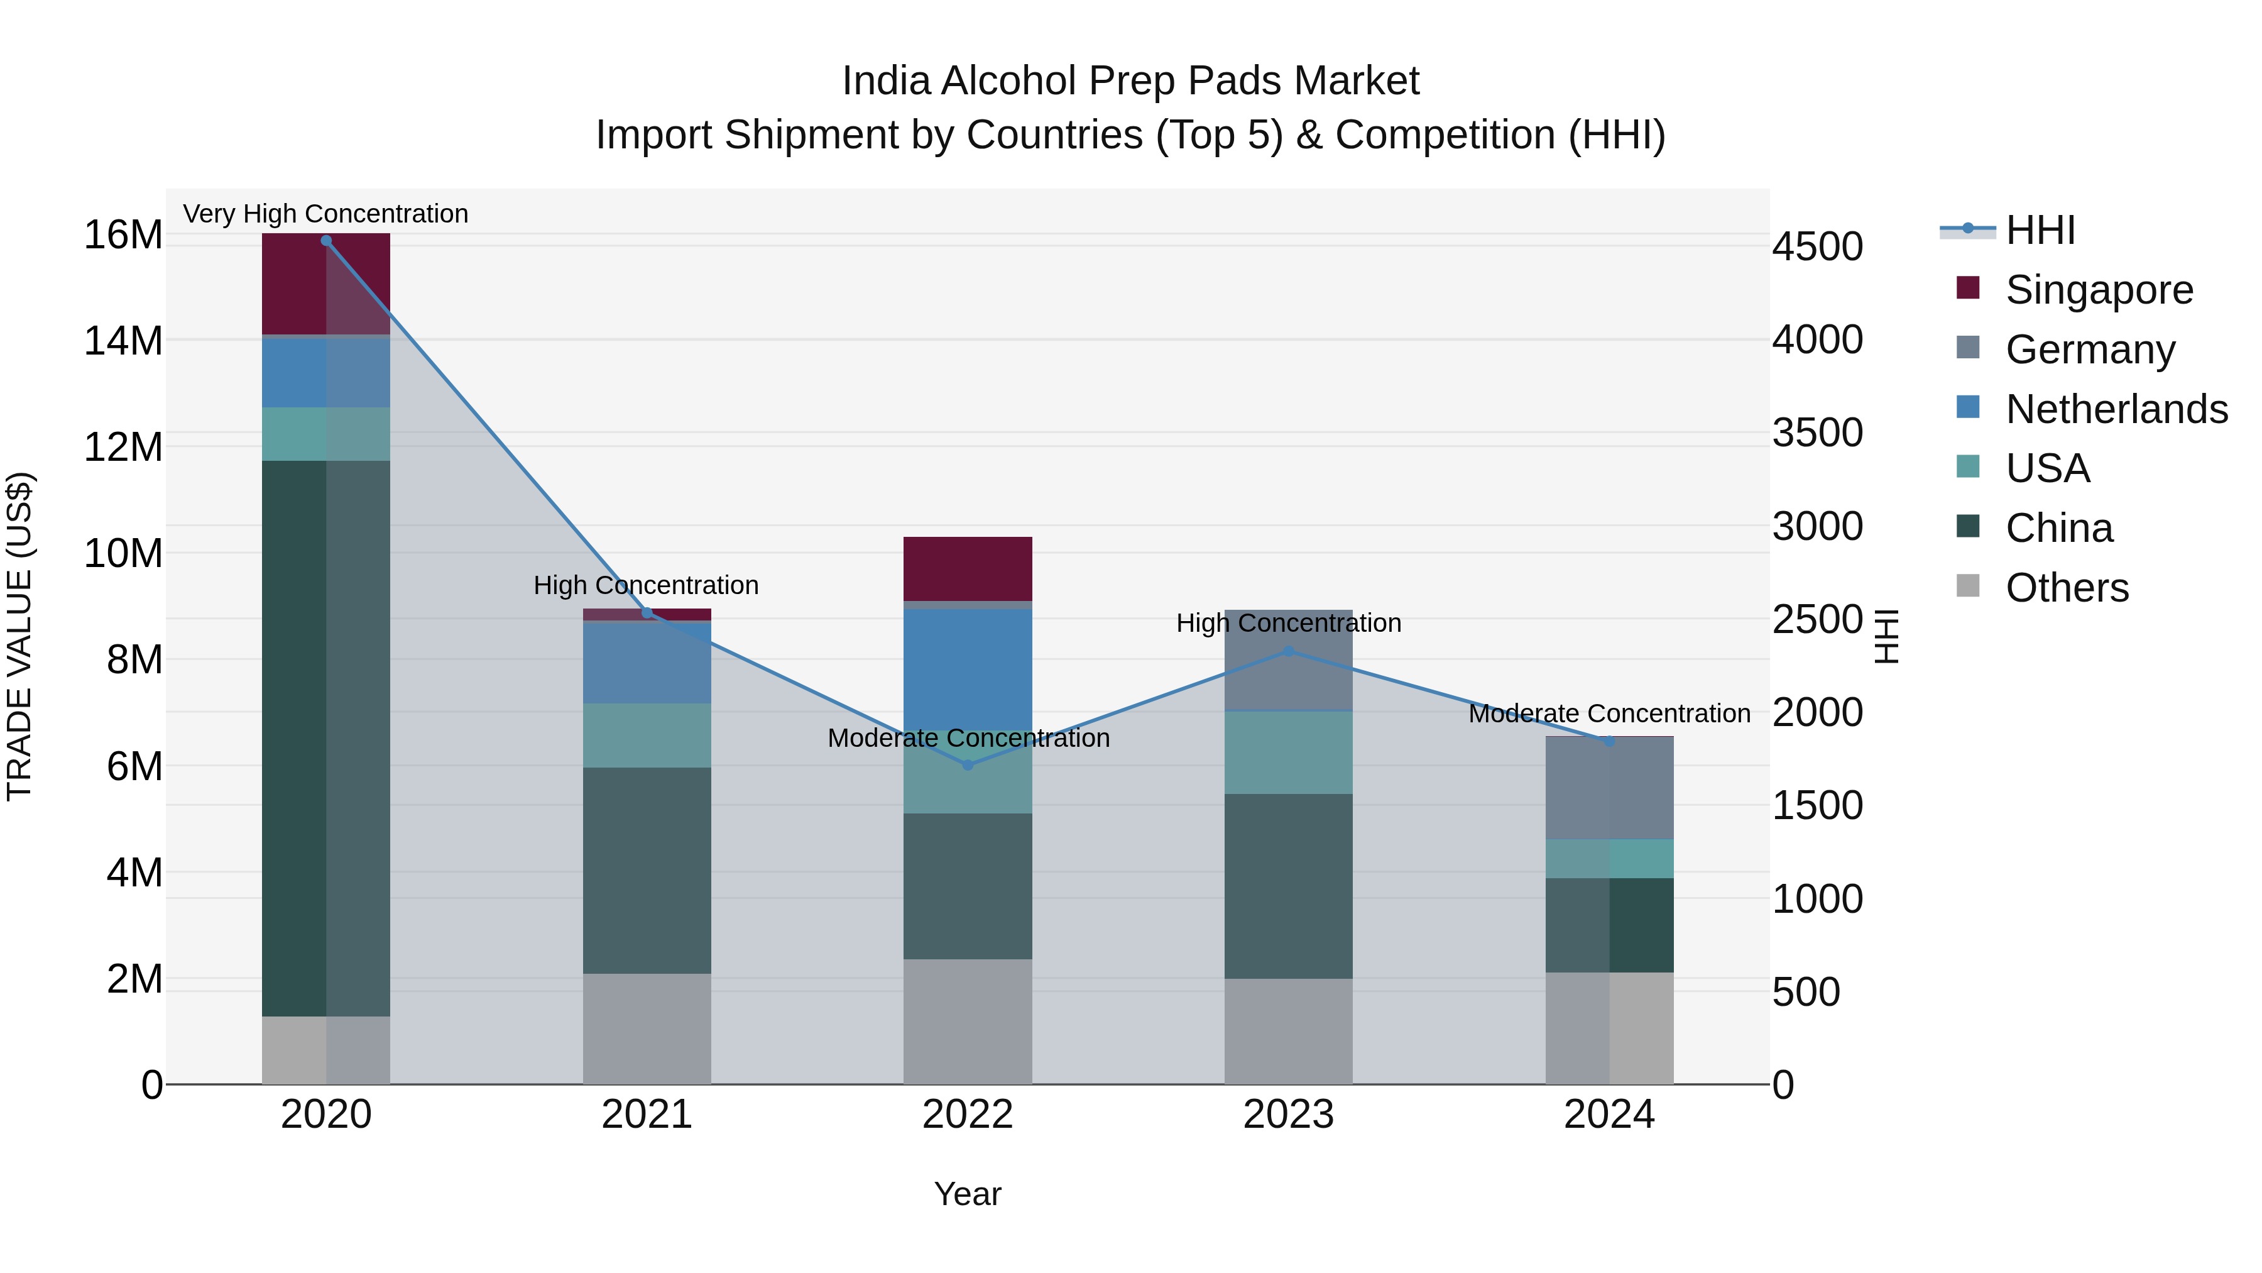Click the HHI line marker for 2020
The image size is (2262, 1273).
[325, 241]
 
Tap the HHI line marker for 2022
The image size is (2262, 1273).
[968, 765]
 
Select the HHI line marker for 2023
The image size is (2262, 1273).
[1288, 651]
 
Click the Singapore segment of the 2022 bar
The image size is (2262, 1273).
[968, 568]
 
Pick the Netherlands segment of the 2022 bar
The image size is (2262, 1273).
[968, 668]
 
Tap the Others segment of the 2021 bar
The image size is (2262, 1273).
[647, 1028]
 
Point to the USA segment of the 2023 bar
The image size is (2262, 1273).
[1288, 752]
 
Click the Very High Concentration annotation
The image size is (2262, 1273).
[325, 214]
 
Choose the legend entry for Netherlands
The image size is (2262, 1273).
[2116, 409]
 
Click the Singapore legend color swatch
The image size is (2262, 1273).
[1968, 288]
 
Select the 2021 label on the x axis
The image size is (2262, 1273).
[647, 1115]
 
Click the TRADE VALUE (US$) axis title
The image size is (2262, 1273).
[19, 636]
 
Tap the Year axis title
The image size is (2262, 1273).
[967, 1194]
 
